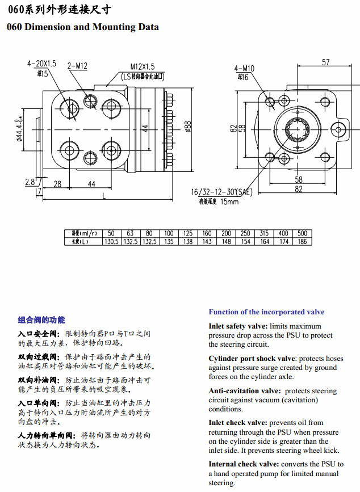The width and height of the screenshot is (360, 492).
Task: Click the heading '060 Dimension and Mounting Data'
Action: (x=83, y=27)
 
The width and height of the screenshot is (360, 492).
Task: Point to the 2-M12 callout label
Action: (x=77, y=66)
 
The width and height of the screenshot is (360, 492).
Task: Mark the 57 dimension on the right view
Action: (x=325, y=62)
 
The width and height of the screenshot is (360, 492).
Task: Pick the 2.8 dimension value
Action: (x=30, y=182)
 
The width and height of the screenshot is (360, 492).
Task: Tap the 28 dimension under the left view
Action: (x=57, y=184)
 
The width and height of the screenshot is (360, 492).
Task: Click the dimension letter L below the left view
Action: (x=103, y=195)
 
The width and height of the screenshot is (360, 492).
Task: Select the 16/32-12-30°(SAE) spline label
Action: (x=221, y=192)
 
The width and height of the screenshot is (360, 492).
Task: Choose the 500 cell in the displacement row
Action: (x=302, y=233)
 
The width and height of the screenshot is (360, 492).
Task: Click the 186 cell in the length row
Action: (x=302, y=241)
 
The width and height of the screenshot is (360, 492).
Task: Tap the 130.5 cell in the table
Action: (x=111, y=241)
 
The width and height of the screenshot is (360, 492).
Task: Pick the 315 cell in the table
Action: (x=264, y=233)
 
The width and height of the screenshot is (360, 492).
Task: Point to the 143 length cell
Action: (x=207, y=241)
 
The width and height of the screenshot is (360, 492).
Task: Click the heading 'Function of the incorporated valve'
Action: (x=266, y=312)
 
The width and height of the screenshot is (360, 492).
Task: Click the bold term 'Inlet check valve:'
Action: (x=237, y=423)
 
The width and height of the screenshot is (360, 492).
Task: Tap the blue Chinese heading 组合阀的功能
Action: (x=41, y=320)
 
